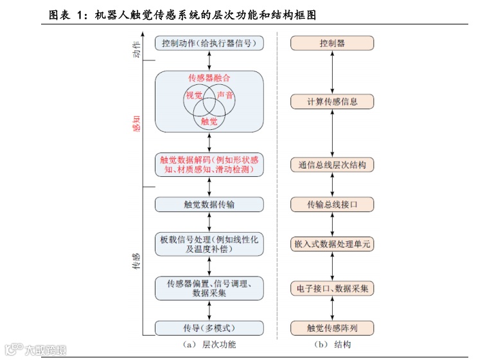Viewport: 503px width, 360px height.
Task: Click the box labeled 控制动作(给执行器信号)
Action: tap(209, 44)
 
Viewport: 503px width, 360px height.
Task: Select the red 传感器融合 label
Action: tap(209, 78)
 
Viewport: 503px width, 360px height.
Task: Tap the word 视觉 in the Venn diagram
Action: tap(193, 96)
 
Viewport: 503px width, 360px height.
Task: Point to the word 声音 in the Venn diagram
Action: tap(225, 96)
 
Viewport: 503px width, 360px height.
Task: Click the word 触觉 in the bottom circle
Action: tap(209, 121)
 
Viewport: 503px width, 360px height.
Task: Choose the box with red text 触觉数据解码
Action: tap(209, 165)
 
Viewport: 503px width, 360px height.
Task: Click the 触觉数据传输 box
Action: tap(209, 204)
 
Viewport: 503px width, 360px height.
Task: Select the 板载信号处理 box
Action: tap(209, 244)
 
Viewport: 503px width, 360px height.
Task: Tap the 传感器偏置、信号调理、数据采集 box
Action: tap(209, 288)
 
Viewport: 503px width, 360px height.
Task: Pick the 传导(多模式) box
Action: tap(209, 328)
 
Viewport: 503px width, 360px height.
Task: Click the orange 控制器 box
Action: tap(332, 44)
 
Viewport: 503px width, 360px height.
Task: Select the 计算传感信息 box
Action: tap(332, 102)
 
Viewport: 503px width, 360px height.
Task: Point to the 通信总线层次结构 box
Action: tap(332, 165)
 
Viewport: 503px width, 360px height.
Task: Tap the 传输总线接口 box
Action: tap(332, 204)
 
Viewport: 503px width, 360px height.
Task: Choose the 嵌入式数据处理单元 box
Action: tap(332, 244)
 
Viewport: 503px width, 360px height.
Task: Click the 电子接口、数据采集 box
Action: tap(332, 289)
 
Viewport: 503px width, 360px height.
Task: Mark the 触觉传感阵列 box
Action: tap(332, 328)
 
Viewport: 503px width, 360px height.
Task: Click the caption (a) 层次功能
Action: tap(209, 345)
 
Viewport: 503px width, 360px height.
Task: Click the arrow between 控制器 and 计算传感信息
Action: tap(332, 73)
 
